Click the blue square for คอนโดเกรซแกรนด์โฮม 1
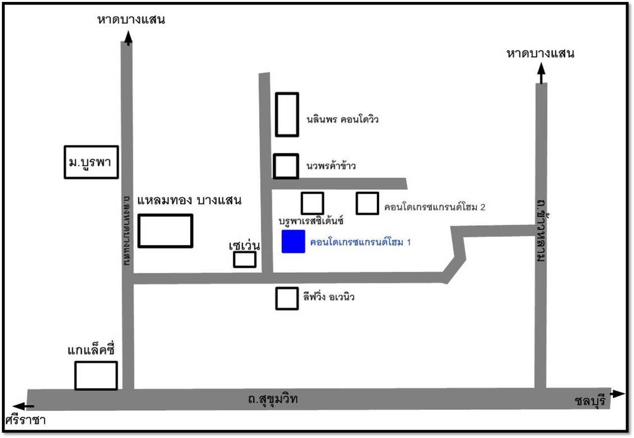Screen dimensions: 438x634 (293, 242)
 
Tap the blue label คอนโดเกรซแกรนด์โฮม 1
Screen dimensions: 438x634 (360, 243)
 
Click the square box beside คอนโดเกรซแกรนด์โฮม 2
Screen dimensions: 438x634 (368, 203)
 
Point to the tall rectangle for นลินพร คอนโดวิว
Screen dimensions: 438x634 (287, 114)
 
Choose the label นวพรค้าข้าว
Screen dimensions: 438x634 (331, 166)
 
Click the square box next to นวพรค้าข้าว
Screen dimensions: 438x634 (286, 166)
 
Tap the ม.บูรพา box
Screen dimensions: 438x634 (92, 162)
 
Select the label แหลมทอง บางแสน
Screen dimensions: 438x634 (189, 201)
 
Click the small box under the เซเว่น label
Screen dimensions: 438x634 (245, 259)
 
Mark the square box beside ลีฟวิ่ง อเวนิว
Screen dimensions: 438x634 (287, 298)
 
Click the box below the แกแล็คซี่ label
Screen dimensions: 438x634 (96, 376)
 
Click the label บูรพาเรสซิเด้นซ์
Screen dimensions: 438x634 (312, 219)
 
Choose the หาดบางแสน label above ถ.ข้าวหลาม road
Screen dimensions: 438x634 (540, 53)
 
